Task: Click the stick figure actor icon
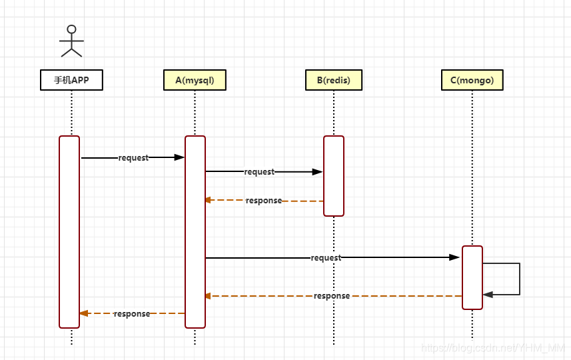pyautogui.click(x=71, y=41)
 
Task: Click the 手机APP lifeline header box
pyautogui.click(x=71, y=80)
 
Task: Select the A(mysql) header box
pyautogui.click(x=195, y=80)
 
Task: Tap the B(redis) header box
pyautogui.click(x=333, y=80)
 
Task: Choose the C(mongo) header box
pyautogui.click(x=472, y=80)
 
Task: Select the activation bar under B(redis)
pyautogui.click(x=334, y=175)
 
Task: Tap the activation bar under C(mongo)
pyautogui.click(x=472, y=277)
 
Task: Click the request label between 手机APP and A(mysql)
pyautogui.click(x=133, y=158)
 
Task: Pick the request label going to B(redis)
pyautogui.click(x=259, y=172)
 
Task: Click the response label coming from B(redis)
pyautogui.click(x=263, y=201)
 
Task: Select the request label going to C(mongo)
pyautogui.click(x=326, y=258)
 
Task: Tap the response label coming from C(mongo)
pyautogui.click(x=331, y=296)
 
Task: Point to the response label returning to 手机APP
pyautogui.click(x=131, y=314)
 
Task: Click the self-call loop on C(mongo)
pyautogui.click(x=518, y=279)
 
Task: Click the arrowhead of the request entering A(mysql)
pyautogui.click(x=179, y=157)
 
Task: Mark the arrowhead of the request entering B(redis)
pyautogui.click(x=318, y=171)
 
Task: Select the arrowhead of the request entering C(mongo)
pyautogui.click(x=455, y=257)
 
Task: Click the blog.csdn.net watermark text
pyautogui.click(x=494, y=348)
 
